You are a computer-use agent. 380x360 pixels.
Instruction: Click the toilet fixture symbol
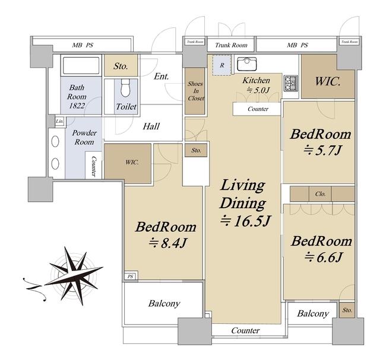coord(125,88)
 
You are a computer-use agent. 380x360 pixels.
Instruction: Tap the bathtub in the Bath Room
coord(81,65)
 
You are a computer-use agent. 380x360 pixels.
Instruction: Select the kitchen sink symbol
coord(247,64)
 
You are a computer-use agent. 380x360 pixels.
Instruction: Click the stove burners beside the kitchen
coord(290,83)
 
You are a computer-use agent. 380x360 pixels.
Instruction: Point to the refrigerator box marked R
coord(222,65)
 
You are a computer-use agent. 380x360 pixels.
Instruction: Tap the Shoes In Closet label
coord(196,91)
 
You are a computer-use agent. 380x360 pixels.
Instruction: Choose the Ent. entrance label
coord(161,77)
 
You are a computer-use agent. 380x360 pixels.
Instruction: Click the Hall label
coord(151,126)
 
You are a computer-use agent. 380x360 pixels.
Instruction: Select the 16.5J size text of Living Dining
coord(245,221)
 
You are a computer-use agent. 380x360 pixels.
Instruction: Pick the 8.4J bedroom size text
coord(167,243)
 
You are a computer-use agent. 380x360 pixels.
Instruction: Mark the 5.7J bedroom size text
coord(322,150)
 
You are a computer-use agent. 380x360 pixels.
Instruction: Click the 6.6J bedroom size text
coord(323,257)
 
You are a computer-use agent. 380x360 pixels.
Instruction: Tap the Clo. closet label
coord(321,194)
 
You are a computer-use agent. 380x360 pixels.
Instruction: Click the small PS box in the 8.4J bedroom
coord(131,276)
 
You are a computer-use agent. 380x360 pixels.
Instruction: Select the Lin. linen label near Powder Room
coord(59,121)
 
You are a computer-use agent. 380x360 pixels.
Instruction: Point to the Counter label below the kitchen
coord(258,109)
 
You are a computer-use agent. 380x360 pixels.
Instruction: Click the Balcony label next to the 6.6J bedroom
coord(313,314)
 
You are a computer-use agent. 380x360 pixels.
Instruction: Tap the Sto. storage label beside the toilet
coord(121,66)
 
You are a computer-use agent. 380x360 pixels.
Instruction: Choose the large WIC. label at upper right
coord(328,81)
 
